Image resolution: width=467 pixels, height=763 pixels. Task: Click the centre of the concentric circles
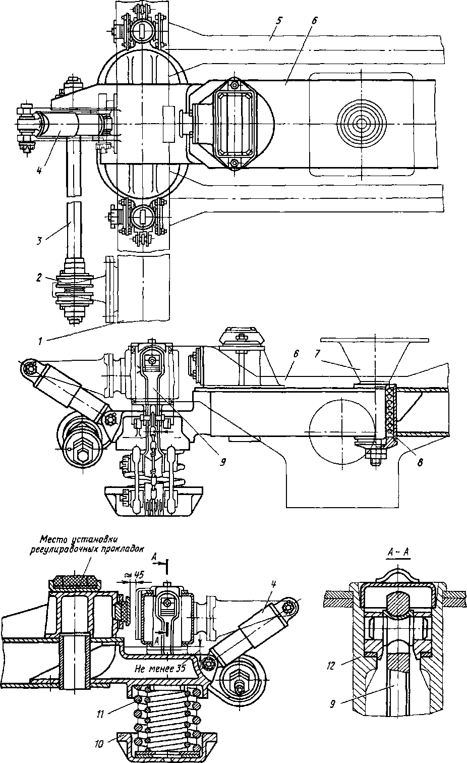361,124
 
